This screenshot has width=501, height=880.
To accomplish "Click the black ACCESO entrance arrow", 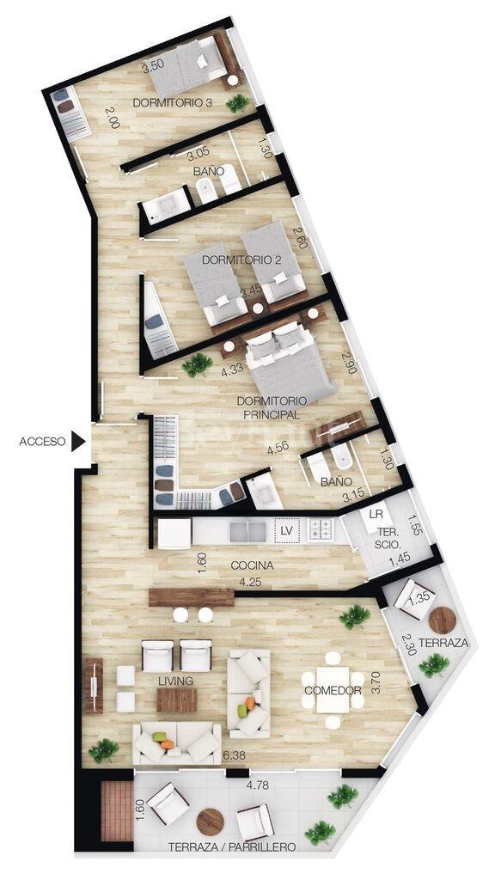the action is [78, 442].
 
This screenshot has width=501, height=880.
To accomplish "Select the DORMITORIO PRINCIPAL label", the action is [272, 408].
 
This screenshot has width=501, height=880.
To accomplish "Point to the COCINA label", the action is [252, 565].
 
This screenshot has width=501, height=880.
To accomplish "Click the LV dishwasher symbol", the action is [286, 529].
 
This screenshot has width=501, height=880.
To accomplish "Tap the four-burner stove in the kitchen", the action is [321, 529].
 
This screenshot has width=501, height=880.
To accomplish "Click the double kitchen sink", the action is [248, 531].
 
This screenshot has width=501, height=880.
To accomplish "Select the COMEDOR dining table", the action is [333, 690].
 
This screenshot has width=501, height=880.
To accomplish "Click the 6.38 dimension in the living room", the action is [235, 755].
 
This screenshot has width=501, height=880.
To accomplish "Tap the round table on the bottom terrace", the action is [211, 822].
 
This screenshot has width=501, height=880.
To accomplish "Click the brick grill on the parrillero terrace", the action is [117, 811].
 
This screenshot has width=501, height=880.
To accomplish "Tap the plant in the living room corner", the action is [104, 750].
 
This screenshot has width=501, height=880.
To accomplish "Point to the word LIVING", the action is [175, 681].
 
